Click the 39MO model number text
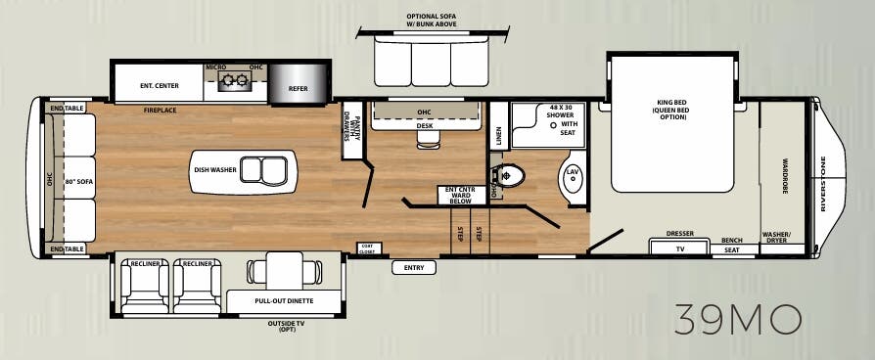(738, 319)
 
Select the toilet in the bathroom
(512, 176)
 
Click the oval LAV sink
(572, 178)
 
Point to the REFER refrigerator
(298, 87)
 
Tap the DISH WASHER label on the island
(214, 169)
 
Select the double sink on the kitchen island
(264, 168)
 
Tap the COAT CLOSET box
(366, 248)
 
